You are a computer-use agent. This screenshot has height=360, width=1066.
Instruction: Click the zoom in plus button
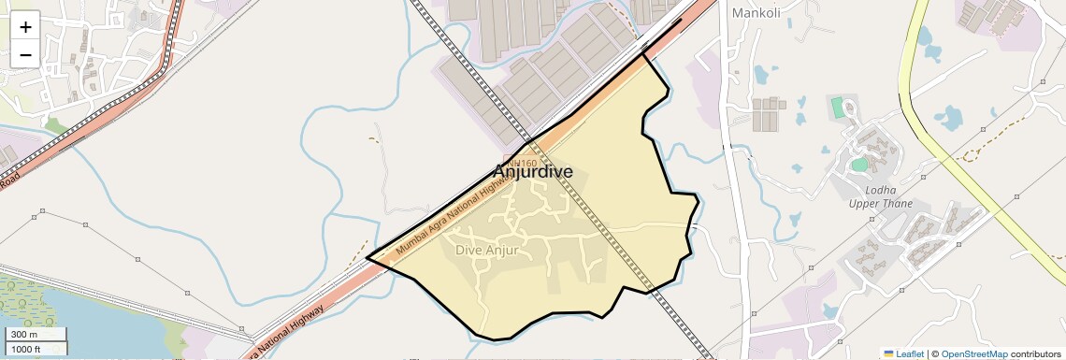pos(25,26)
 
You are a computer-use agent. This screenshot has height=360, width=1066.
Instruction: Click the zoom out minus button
pos(25,54)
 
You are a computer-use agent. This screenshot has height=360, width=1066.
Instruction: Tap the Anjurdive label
pos(532,172)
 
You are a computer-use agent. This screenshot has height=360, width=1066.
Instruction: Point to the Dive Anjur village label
pos(486,251)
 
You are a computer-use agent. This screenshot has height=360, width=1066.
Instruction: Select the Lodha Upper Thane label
pos(880,196)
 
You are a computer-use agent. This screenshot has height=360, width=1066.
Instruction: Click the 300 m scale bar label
pos(24,335)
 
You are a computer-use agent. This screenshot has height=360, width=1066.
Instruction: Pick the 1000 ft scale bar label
pos(26,349)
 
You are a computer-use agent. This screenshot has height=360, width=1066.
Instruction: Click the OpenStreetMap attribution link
pos(973,353)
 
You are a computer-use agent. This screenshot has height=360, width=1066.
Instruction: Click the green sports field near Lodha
pos(838,108)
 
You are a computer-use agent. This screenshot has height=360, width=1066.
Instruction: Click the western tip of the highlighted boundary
pos(367,258)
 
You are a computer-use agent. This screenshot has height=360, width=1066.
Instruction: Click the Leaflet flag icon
pos(888,353)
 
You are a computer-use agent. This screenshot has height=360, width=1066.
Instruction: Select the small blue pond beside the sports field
pos(858,166)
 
